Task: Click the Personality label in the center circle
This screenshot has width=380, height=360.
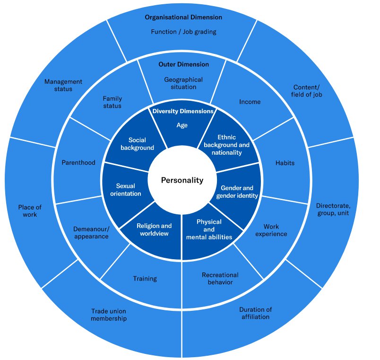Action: (182, 180)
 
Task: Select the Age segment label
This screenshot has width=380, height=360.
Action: (182, 125)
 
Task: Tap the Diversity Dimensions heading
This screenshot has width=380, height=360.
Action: (182, 112)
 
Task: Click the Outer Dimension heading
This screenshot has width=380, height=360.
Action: (183, 64)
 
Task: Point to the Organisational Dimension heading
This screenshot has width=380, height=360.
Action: (183, 18)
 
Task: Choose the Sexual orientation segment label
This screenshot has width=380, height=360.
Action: (126, 190)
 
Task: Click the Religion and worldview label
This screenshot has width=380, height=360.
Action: (154, 229)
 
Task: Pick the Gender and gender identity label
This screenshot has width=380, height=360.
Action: (237, 192)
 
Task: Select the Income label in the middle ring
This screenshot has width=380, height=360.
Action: (250, 102)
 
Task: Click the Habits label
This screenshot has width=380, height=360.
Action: (285, 163)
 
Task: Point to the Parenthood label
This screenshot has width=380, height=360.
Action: (78, 163)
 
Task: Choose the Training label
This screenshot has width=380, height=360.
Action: (145, 279)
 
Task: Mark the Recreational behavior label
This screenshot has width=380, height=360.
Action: (220, 279)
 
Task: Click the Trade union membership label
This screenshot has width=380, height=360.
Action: (109, 315)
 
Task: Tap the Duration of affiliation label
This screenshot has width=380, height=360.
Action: (255, 313)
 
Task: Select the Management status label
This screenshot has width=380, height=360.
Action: (63, 85)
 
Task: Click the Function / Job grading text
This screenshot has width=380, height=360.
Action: (183, 32)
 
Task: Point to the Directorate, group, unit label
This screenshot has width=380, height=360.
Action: (333, 210)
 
